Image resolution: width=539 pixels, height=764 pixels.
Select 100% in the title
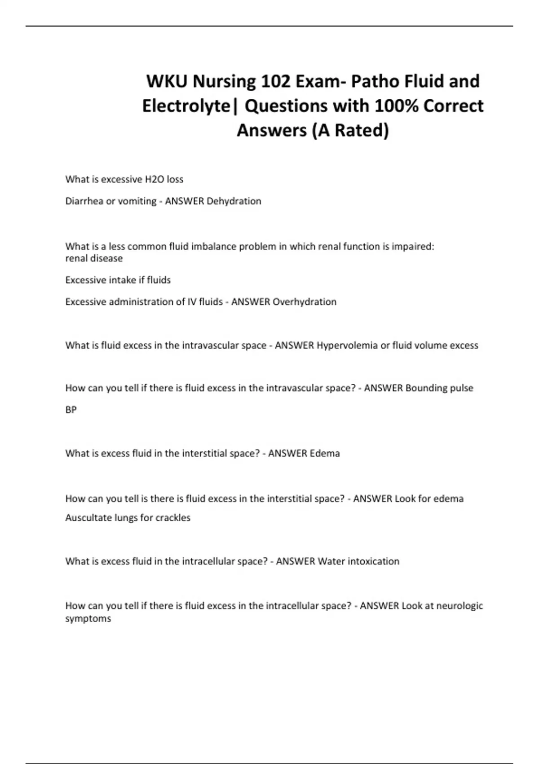pos(396,106)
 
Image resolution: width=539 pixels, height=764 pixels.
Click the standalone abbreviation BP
pos(71,409)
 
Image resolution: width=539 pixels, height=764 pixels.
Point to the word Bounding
pos(425,388)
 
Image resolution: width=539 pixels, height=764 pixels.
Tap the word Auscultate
pos(88,518)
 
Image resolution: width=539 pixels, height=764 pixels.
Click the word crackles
pos(173,518)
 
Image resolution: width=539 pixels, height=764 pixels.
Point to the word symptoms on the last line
pos(88,618)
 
